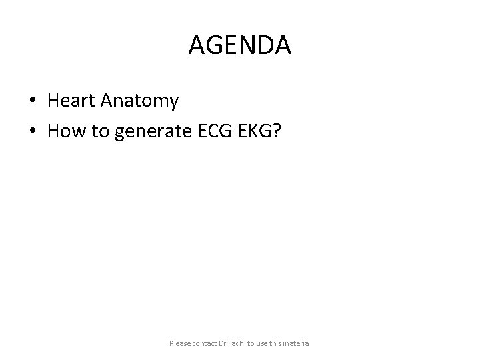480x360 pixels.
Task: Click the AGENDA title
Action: [x=240, y=45]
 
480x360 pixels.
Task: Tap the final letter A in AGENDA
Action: [x=282, y=45]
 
